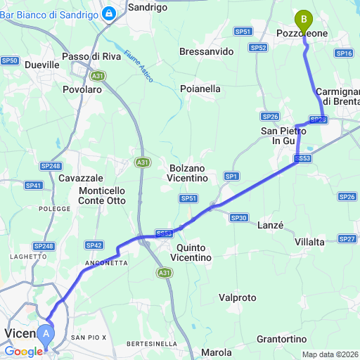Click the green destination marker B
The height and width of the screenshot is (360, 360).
click(x=304, y=17)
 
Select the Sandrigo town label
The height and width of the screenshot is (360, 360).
click(x=148, y=7)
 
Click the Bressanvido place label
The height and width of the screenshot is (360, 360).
click(x=206, y=52)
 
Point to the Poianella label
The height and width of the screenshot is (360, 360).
click(x=200, y=89)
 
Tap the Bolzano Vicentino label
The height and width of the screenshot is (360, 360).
click(x=188, y=174)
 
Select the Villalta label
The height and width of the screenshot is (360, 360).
click(x=310, y=242)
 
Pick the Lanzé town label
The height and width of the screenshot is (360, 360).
click(x=271, y=226)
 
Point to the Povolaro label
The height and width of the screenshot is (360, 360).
click(x=82, y=90)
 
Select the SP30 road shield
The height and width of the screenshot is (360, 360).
click(x=238, y=218)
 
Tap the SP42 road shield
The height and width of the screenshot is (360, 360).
click(x=94, y=245)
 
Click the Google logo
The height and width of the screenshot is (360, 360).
click(x=22, y=351)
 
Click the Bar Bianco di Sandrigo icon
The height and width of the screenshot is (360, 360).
click(x=110, y=13)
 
